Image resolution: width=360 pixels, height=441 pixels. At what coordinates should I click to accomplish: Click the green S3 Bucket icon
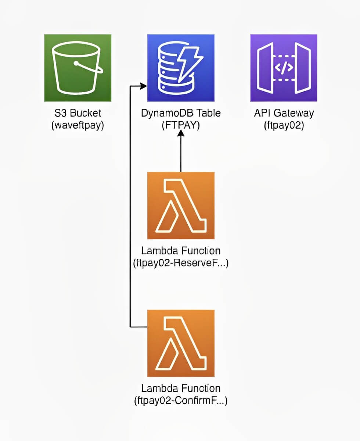(78, 68)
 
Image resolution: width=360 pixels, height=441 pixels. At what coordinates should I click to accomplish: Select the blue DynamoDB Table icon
(180, 68)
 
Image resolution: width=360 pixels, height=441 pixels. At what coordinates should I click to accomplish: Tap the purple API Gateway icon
(284, 68)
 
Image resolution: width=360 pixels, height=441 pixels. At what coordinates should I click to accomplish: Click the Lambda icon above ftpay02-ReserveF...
(180, 205)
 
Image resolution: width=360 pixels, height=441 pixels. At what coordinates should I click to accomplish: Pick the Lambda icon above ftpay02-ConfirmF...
(180, 343)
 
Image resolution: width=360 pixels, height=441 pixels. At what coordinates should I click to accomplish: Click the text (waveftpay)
(78, 125)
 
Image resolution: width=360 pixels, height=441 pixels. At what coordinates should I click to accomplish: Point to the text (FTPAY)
(180, 125)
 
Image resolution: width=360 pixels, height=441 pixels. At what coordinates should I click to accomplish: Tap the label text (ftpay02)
(284, 125)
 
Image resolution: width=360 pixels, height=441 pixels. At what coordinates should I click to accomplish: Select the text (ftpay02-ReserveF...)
(180, 263)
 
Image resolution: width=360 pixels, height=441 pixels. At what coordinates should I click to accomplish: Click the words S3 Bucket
(78, 113)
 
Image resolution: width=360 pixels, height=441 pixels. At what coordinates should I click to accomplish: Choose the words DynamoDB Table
(180, 113)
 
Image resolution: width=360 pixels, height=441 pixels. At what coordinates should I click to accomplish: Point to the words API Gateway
(284, 113)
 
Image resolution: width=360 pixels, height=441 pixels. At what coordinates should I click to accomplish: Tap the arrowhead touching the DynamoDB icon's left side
(144, 86)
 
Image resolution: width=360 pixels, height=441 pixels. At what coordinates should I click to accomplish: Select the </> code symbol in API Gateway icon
(284, 68)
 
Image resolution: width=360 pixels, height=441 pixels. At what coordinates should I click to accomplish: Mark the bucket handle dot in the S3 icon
(75, 63)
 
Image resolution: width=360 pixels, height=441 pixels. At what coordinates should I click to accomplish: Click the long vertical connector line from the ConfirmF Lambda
(130, 206)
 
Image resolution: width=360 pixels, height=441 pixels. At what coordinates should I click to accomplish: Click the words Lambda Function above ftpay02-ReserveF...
(180, 251)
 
